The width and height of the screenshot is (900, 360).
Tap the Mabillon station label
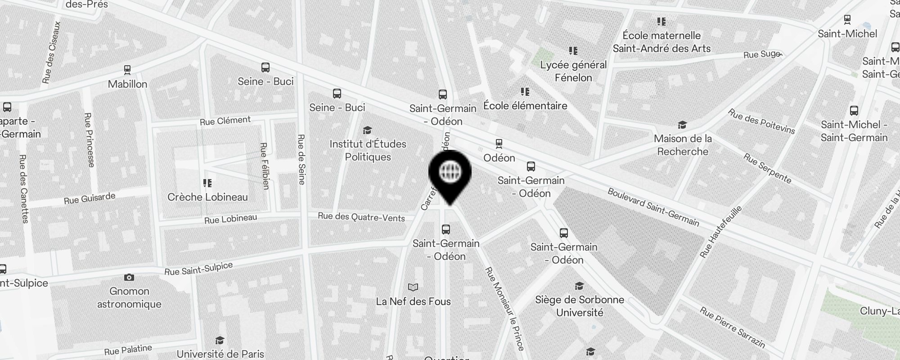pos(127,84)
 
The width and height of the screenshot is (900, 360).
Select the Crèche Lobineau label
pos(207,197)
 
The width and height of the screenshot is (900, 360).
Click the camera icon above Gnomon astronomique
pos(129,277)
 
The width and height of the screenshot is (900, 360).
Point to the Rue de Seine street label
pos(301,159)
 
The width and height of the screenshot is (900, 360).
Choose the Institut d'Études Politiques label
pos(368,150)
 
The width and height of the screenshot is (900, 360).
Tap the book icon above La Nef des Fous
pos(413,288)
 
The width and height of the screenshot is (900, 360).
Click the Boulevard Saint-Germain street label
pos(653,207)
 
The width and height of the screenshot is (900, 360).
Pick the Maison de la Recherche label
pos(683,145)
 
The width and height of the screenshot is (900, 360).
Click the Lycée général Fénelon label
pos(573,71)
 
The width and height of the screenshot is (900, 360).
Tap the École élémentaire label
pos(525,106)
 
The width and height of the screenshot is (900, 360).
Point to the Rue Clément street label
pos(225,121)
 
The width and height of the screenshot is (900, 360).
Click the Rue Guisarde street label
pos(90,198)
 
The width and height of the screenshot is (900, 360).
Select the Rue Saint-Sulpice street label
pos(198,269)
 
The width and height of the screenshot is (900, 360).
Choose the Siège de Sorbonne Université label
pos(580,306)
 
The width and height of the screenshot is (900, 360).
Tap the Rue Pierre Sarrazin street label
pos(732,327)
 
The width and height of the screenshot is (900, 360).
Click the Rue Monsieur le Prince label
pos(504,309)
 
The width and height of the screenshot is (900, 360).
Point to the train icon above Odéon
pos(499,144)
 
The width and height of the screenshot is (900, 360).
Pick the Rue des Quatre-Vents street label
pos(361,217)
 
